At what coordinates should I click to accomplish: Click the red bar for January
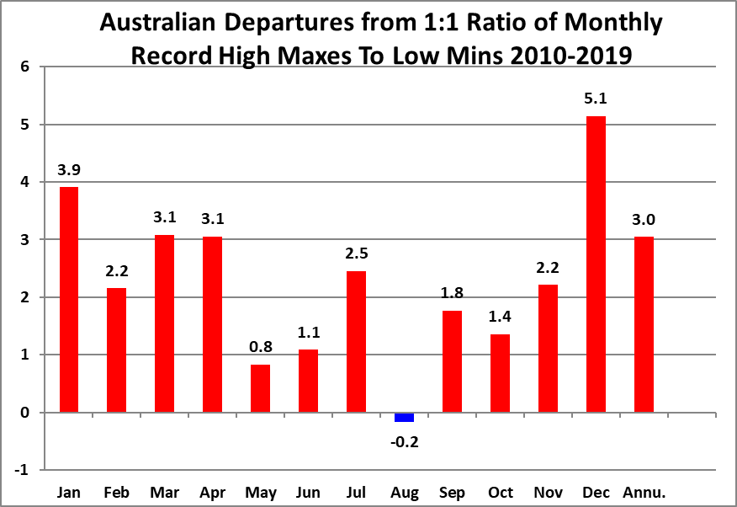[x=68, y=299]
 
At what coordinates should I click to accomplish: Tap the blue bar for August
[x=404, y=417]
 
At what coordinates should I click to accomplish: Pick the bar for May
[x=260, y=388]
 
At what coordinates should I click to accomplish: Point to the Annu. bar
[x=644, y=324]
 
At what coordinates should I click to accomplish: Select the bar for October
[x=500, y=373]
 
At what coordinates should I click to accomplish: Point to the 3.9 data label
[x=68, y=170]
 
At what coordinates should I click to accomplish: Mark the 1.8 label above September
[x=452, y=294]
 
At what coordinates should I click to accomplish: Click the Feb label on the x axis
[x=116, y=492]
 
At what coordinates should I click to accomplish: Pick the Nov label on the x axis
[x=548, y=492]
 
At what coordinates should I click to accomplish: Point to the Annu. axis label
[x=644, y=492]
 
